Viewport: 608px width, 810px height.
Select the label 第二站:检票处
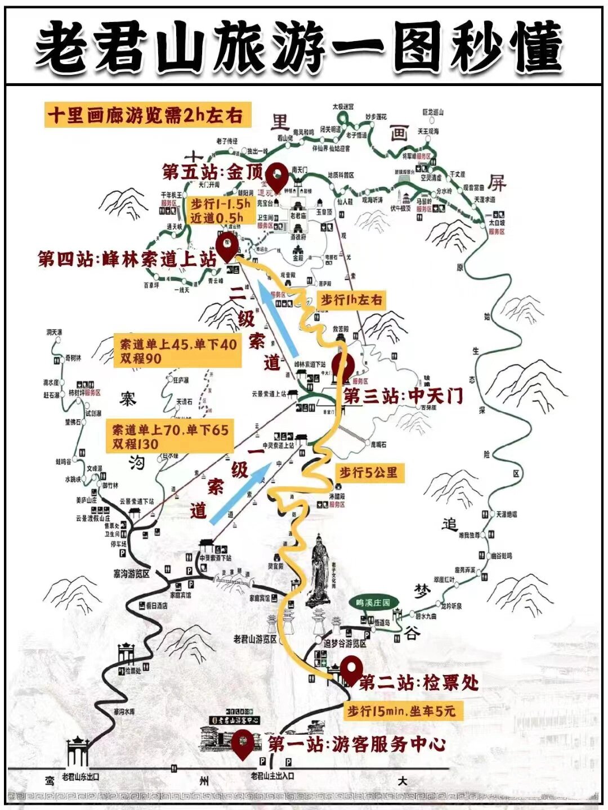[419, 683]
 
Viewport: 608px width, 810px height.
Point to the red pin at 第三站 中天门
[342, 366]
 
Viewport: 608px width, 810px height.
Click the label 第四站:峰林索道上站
[127, 259]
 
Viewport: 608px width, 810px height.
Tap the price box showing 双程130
[170, 437]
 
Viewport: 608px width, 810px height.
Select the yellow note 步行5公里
[368, 472]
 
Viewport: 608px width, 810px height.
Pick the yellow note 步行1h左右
[351, 300]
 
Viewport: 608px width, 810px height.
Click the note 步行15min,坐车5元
[401, 712]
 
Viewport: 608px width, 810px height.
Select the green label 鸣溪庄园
[373, 602]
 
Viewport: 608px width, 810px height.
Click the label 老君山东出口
[80, 777]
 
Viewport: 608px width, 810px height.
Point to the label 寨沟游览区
[131, 574]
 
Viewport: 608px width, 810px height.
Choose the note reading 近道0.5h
[217, 217]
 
